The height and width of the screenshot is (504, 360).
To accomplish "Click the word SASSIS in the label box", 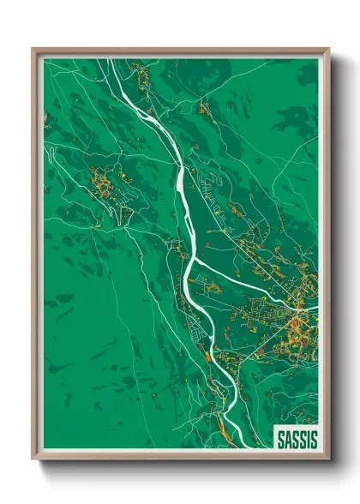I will pyautogui.click(x=297, y=440).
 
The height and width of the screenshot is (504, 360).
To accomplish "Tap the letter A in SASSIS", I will pyautogui.click(x=286, y=440).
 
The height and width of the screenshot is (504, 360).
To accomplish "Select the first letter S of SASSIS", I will pyautogui.click(x=279, y=440).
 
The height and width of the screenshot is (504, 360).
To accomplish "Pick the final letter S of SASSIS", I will pyautogui.click(x=314, y=440).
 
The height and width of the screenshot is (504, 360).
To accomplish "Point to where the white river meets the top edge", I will pyautogui.click(x=111, y=59).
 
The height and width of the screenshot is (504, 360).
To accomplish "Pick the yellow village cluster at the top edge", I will pyautogui.click(x=141, y=77).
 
